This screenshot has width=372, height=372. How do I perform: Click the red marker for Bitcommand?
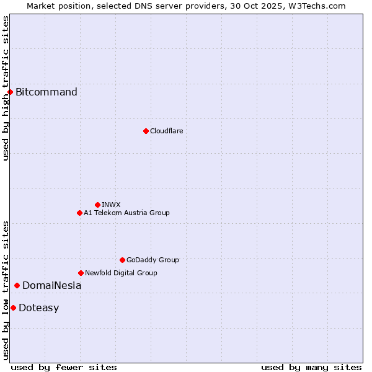[x=10, y=92]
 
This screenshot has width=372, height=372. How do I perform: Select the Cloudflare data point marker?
[x=146, y=131]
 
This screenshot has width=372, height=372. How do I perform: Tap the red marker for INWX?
[x=97, y=205]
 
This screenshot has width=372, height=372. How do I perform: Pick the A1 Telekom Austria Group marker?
[x=79, y=213]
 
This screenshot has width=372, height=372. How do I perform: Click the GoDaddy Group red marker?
[x=122, y=260]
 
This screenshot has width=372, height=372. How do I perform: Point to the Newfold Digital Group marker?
[x=81, y=273]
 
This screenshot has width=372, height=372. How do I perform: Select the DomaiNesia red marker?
[x=17, y=285]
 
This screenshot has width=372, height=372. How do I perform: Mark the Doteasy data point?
[x=13, y=308]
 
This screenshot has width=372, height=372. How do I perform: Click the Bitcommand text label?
[x=46, y=92]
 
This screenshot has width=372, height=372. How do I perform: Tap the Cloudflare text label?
[x=166, y=131]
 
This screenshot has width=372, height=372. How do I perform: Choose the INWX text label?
[x=111, y=205]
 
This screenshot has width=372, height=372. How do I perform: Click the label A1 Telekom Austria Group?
[x=126, y=213]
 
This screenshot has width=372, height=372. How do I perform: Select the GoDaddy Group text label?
[x=153, y=260]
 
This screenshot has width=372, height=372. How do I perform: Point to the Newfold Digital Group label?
[x=121, y=273]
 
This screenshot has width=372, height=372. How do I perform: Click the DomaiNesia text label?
[x=51, y=285]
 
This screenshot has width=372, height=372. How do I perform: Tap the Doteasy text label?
[x=38, y=308]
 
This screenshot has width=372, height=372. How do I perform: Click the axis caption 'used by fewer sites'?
[x=64, y=367]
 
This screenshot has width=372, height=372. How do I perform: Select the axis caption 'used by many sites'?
[x=311, y=367]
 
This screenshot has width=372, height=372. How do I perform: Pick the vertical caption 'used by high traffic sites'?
[x=6, y=88]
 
